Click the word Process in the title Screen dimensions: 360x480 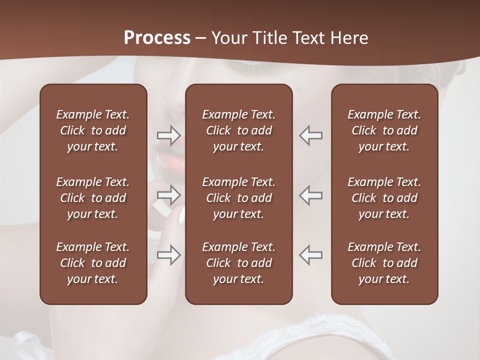tap(157, 38)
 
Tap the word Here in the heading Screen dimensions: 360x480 tap(350, 38)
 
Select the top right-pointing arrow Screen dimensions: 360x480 tap(168, 135)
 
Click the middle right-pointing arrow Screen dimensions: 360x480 tap(168, 195)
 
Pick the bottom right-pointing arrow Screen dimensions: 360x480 tap(168, 255)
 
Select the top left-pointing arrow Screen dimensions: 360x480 tap(311, 135)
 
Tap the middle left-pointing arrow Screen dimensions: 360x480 tap(311, 195)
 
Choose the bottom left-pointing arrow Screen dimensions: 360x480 tap(311, 255)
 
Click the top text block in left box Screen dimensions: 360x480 tap(93, 130)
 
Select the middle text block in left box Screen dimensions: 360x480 tap(93, 198)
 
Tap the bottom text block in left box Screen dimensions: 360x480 tap(93, 263)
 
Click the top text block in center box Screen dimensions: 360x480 tap(239, 130)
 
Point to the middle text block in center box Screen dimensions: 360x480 tap(239, 198)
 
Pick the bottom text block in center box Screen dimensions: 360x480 tap(239, 263)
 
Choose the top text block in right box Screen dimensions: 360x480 tap(384, 130)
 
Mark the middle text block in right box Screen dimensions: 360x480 tap(384, 198)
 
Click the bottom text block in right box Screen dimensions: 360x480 tap(384, 263)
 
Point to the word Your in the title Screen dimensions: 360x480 tap(228, 38)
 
